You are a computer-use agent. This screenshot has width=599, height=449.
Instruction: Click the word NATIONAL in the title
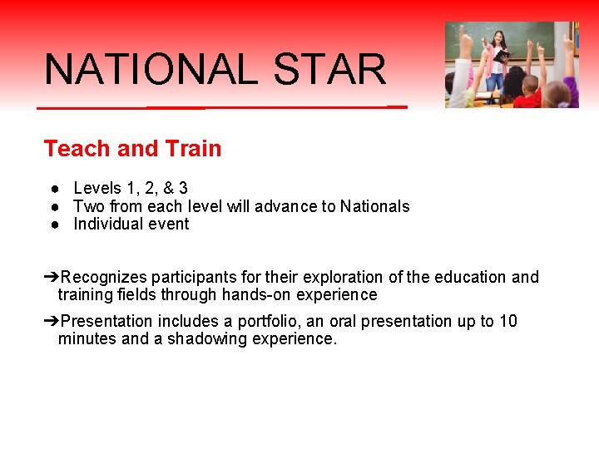click(151, 70)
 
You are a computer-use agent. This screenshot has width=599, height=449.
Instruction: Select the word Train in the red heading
click(193, 149)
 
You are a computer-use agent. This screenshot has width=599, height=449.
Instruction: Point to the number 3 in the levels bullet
click(183, 189)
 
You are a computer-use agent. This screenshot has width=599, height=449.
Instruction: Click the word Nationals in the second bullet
click(375, 206)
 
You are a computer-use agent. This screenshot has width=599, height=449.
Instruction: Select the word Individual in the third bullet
click(108, 224)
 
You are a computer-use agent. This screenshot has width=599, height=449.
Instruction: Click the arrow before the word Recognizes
click(52, 277)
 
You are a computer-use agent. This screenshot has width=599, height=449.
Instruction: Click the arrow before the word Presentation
click(52, 321)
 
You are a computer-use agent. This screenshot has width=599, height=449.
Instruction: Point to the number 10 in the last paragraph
click(508, 321)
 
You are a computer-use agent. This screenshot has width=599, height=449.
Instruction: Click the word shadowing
click(202, 338)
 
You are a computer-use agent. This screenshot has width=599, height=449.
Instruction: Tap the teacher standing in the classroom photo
click(498, 58)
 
